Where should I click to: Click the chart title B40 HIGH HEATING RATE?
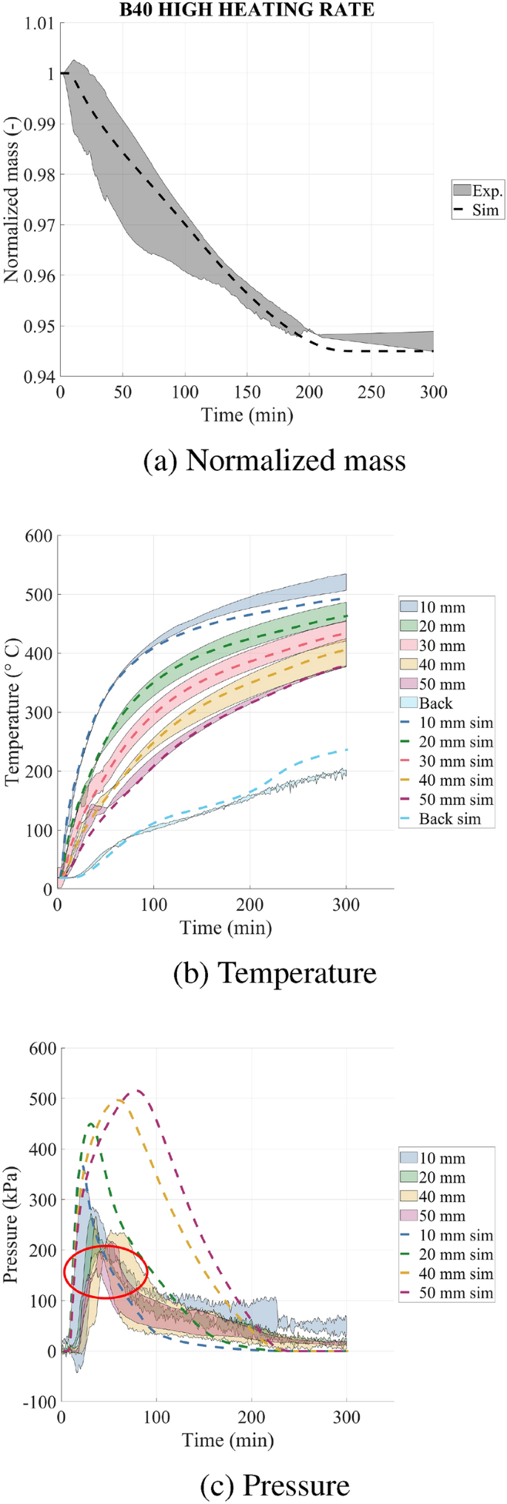[247, 10]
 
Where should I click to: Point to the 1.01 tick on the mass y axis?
[40, 24]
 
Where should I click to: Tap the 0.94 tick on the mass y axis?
[40, 376]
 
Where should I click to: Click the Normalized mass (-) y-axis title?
[12, 200]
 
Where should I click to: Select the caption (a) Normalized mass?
[275, 461]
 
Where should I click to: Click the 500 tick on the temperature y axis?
[39, 595]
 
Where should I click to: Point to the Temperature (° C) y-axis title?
[12, 712]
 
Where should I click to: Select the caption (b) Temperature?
[275, 972]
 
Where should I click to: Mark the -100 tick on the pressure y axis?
[37, 1402]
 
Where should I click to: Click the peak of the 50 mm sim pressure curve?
[136, 1091]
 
